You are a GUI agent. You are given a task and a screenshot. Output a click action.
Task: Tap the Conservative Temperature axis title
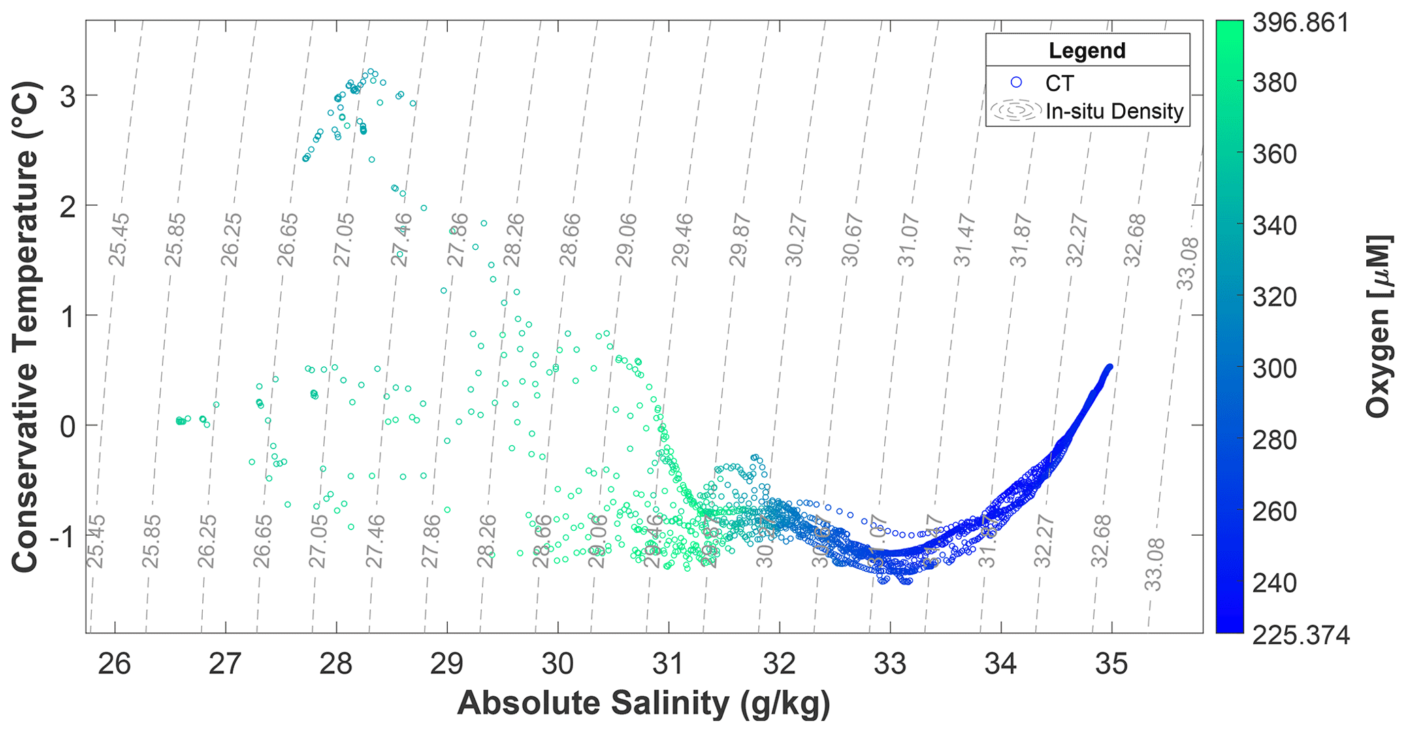click(x=25, y=327)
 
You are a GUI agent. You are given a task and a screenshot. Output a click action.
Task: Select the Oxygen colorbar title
click(x=1379, y=327)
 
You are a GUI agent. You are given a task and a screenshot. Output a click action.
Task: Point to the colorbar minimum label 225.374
click(x=1301, y=636)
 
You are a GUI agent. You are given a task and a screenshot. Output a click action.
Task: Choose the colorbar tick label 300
click(x=1275, y=369)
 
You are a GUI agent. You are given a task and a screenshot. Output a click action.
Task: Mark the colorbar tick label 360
click(x=1275, y=154)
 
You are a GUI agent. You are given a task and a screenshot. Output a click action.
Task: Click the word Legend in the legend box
click(x=1087, y=51)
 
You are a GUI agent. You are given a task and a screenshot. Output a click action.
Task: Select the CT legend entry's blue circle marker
click(x=1017, y=83)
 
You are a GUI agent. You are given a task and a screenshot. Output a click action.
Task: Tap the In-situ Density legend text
click(x=1114, y=112)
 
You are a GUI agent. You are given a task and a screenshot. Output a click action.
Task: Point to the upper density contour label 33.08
click(x=1188, y=264)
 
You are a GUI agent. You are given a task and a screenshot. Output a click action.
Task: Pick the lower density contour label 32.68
click(x=1100, y=541)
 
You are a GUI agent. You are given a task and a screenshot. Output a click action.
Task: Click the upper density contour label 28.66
click(x=570, y=240)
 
